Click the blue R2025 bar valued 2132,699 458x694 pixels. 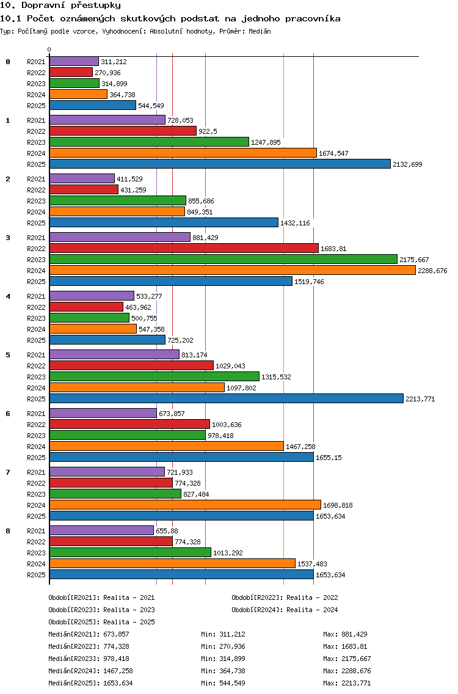[220, 164]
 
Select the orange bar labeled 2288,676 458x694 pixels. [232, 271]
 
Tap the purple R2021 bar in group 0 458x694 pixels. [74, 62]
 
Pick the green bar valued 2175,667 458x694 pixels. [224, 260]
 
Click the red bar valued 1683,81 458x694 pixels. [184, 248]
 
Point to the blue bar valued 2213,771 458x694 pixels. [227, 399]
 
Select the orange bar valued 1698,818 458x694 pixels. [185, 505]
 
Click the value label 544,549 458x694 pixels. [151, 106]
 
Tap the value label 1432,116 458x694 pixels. [295, 223]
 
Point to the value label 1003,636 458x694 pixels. [227, 425]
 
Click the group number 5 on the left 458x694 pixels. [8, 355]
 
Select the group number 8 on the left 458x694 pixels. [8, 531]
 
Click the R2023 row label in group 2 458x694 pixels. [36, 201]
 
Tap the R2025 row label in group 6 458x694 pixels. [36, 458]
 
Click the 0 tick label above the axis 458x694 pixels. [49, 49]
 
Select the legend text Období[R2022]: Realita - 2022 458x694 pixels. [285, 597]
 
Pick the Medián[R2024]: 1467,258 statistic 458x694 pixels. [91, 671]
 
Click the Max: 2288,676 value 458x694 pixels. [347, 671]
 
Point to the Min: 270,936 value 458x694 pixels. [223, 646]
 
